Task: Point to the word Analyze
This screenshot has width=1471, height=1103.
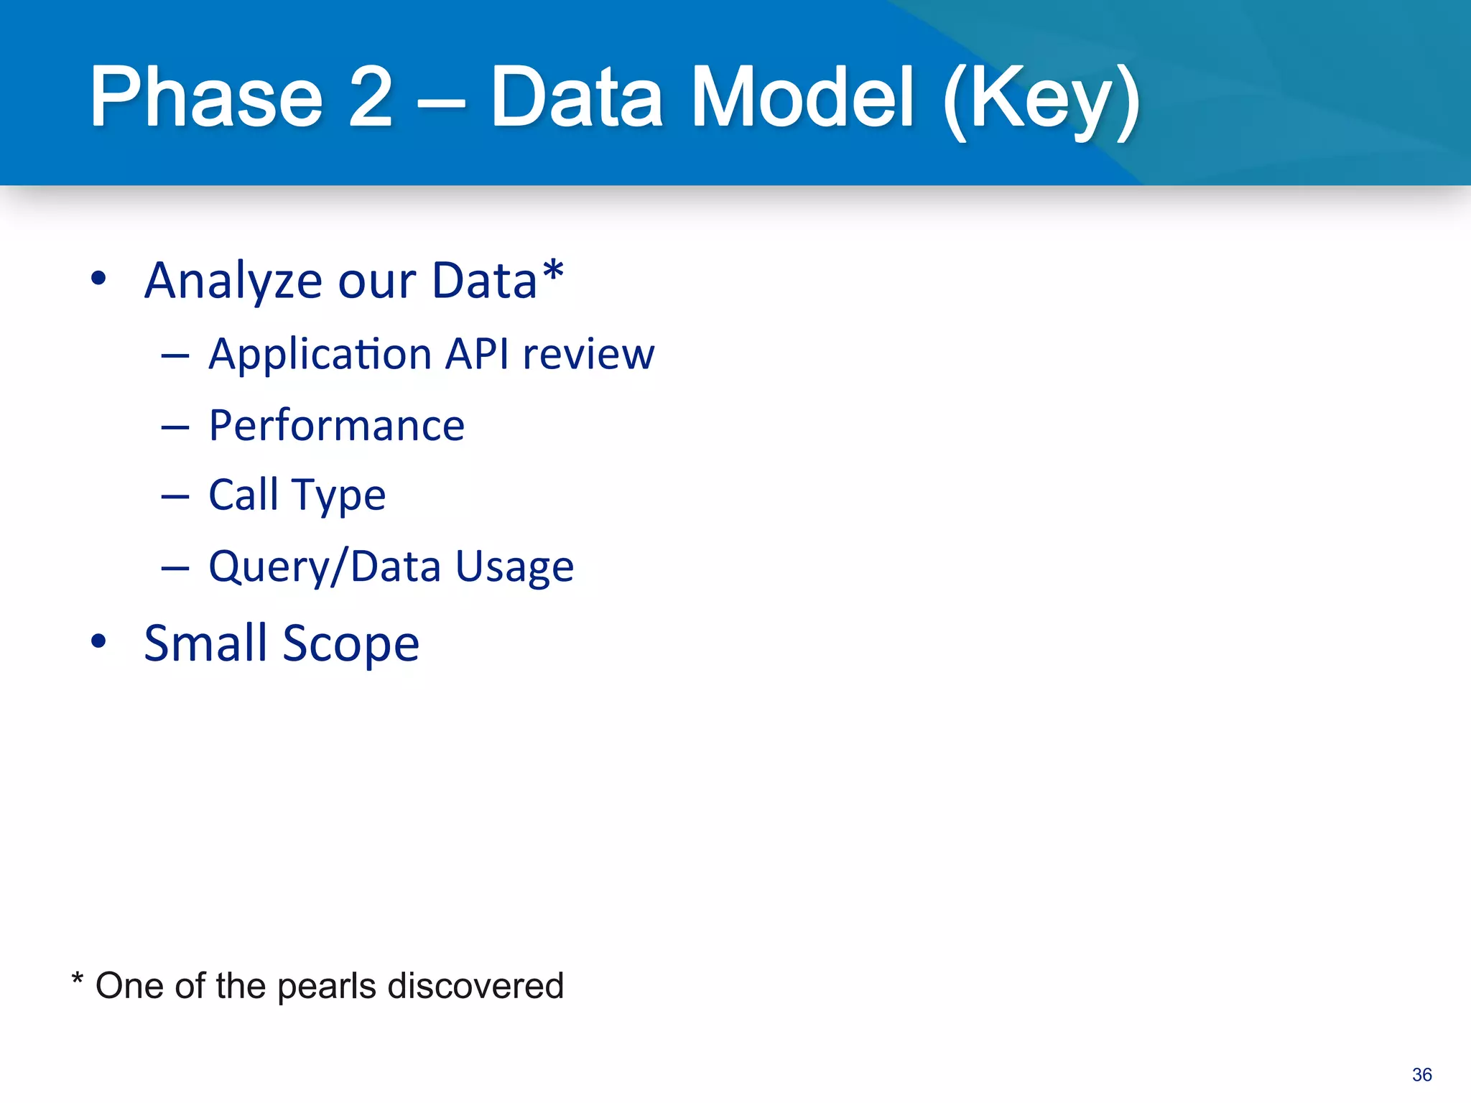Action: pos(233,281)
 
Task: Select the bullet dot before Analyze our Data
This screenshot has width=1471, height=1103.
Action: pos(99,279)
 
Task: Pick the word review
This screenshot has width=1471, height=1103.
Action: pos(588,355)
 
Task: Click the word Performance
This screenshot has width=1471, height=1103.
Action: pos(337,426)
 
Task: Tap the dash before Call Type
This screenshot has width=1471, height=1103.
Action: pos(175,496)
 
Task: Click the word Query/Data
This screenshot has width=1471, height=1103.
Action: pos(324,567)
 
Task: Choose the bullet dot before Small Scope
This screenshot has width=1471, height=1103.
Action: pos(99,641)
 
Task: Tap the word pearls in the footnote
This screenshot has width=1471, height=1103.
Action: pos(326,987)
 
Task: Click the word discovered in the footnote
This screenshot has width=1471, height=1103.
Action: pos(475,985)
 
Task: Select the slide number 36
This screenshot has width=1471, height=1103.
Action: pos(1421,1074)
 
